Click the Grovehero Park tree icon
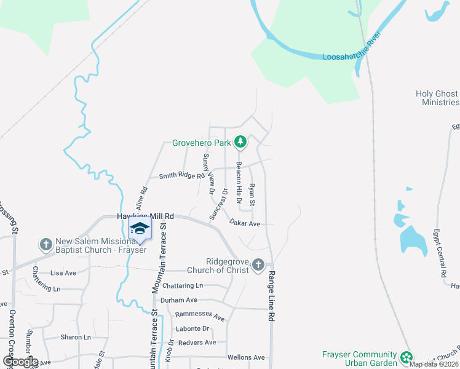pos(240,143)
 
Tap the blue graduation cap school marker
pos(140,229)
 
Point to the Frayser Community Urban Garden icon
pos(406,357)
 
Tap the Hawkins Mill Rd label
pos(146,216)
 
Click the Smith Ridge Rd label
pos(181,176)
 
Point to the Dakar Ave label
pos(245,223)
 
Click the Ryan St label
pos(252,194)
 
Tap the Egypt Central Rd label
pos(442,253)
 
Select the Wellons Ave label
pos(245,357)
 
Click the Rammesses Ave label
pos(200,315)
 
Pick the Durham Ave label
pos(178,300)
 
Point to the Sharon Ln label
pos(75,337)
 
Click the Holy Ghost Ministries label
pos(437,98)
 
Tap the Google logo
pos(20,362)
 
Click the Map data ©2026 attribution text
pos(434,364)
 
